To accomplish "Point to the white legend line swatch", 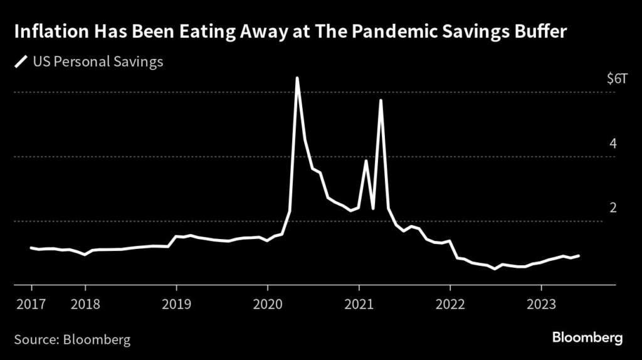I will pos(22,61).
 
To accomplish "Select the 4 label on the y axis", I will pos(613,144).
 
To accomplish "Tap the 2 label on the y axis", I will pos(613,208).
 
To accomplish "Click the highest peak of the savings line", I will pos(297,78).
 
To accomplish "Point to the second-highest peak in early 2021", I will pos(381,100).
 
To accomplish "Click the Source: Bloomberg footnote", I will pos(72,340).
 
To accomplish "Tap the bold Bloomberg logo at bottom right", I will pos(587,339).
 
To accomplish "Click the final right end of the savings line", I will pos(579,255).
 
